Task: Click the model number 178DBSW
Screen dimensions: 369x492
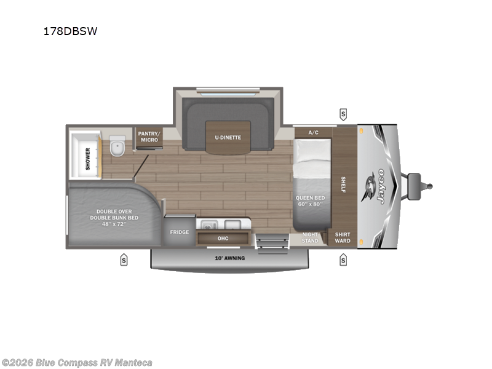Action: point(71,31)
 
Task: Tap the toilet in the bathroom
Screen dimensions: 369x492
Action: point(117,148)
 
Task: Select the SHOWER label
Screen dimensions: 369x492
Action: point(88,158)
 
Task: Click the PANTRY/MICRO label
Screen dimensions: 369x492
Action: point(148,137)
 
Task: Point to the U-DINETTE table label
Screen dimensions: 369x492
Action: point(228,138)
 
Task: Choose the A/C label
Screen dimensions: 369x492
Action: point(313,132)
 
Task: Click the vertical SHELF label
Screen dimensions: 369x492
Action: point(343,184)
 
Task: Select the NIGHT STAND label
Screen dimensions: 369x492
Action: point(310,237)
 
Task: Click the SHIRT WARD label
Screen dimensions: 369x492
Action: point(343,237)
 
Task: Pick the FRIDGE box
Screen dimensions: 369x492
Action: point(180,232)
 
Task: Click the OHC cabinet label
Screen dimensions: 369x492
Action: point(223,238)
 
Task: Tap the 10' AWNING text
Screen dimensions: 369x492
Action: point(229,258)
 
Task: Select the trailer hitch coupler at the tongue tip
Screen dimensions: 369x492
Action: point(429,184)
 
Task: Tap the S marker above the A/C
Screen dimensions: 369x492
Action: point(343,114)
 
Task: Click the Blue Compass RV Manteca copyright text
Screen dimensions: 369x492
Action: point(77,362)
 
